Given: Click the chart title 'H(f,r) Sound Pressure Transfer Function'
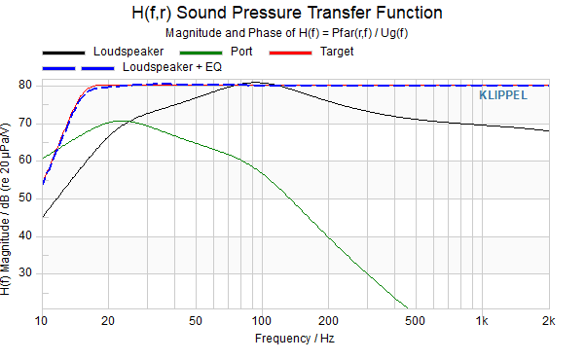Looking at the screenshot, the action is (287, 13).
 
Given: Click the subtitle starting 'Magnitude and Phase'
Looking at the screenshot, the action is (286, 33).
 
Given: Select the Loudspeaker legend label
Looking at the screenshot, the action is (128, 52).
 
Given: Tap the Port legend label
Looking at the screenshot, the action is (241, 52).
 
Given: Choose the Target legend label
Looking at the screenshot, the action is (337, 52).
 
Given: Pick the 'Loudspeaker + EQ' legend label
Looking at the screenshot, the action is (172, 67).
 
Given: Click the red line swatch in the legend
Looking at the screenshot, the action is (290, 54).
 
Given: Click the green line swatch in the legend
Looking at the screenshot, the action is (201, 54).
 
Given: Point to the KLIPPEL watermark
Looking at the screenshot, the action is (503, 95).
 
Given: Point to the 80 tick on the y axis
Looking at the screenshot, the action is (25, 86).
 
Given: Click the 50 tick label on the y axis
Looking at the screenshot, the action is (25, 198).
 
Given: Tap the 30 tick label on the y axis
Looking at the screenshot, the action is (25, 273).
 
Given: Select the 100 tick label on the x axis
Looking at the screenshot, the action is (261, 321).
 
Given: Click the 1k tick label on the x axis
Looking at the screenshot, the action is (482, 321).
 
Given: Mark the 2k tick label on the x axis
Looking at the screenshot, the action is (549, 321).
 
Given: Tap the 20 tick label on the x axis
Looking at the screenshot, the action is (108, 321).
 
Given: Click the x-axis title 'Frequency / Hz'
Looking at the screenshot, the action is (295, 339).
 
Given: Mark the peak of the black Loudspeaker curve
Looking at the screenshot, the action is (256, 82).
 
